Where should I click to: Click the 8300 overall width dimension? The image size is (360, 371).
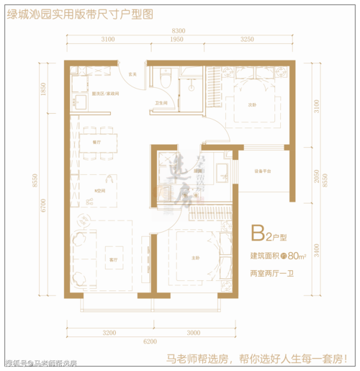(x=179, y=30)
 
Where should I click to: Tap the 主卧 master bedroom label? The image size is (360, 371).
(x=194, y=260)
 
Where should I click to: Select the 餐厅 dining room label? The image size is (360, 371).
(x=96, y=143)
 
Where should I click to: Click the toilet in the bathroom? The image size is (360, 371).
(x=166, y=79)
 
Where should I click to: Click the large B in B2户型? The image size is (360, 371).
(x=256, y=234)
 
